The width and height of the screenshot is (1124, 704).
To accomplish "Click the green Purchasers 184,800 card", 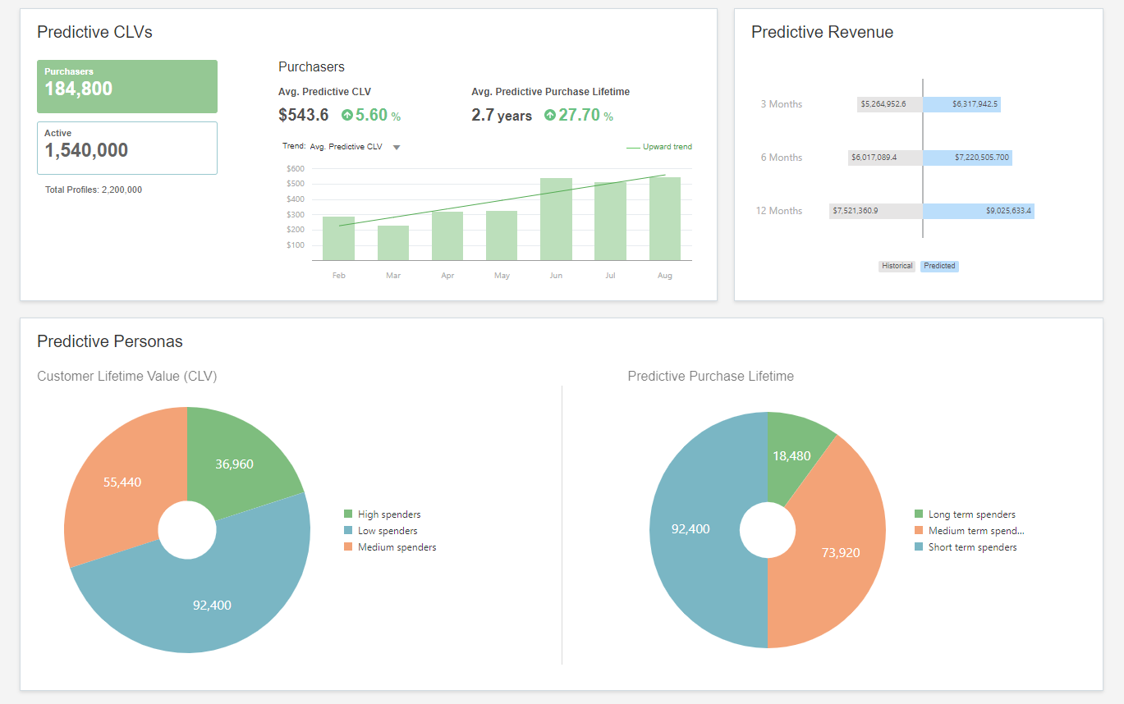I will coord(127,86).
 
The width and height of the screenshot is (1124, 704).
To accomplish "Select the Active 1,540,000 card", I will coord(127,148).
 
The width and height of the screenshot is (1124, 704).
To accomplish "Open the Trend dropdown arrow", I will coord(397,148).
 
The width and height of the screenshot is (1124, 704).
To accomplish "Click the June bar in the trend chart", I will coord(556,219).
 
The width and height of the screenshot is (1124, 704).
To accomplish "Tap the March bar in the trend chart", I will coord(393,243).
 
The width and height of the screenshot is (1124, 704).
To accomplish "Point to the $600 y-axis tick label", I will coord(295,169).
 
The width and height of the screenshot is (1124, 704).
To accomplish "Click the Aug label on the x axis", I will coord(665,276).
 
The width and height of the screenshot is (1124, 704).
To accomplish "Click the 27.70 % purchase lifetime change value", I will coord(578,116).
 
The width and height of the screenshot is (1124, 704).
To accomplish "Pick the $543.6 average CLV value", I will coord(304,116).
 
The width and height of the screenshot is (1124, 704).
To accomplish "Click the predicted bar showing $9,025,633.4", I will coord(978,211).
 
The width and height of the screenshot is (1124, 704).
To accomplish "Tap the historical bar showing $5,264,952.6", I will coord(890,104).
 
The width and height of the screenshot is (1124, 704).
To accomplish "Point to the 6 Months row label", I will coord(781,158).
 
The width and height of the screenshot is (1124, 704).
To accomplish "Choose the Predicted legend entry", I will coord(939,266).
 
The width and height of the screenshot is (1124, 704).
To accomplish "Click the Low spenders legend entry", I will coord(387,531).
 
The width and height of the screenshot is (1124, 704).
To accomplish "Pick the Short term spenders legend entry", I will coord(971,547).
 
